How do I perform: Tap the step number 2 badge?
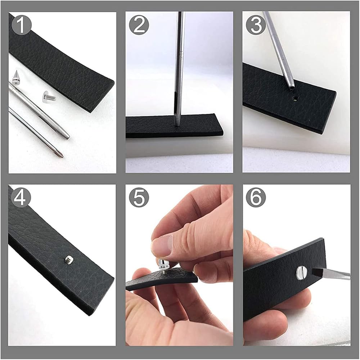[139, 25]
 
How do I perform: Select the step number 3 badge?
[256, 25]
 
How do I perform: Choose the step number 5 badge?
[139, 197]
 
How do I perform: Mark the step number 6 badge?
[256, 197]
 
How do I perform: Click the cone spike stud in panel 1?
[16, 77]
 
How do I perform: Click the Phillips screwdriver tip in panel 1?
[61, 156]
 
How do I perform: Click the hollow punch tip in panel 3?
[291, 87]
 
